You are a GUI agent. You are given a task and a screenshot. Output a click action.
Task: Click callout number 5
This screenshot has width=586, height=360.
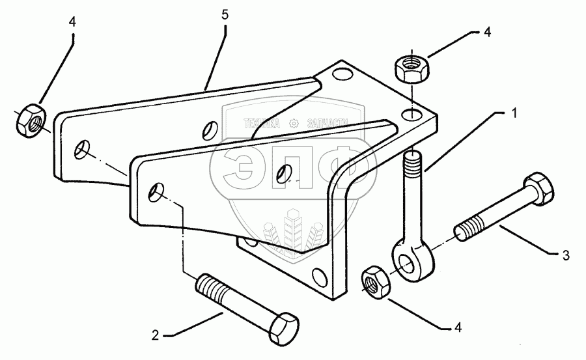coord(225,15)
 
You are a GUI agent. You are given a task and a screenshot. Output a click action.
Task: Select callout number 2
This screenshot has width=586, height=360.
coord(156,335)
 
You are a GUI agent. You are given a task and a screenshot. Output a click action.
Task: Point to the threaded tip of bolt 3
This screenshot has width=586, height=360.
coord(466,231)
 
